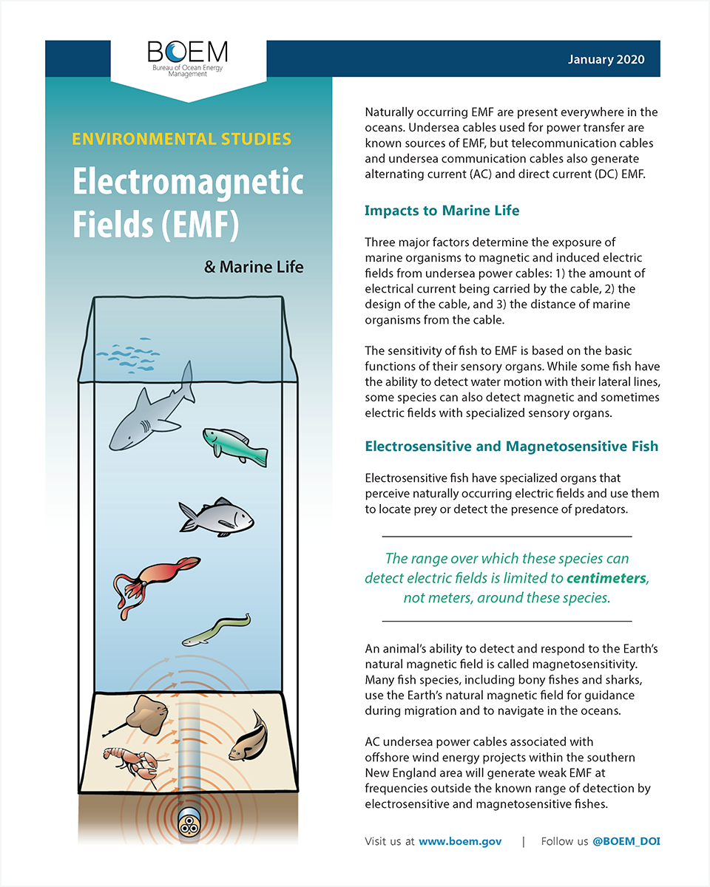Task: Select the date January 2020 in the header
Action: tap(606, 60)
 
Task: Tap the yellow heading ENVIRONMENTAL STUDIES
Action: tap(181, 139)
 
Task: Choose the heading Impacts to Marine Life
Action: tap(442, 211)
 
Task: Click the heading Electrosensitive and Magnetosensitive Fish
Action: tap(511, 446)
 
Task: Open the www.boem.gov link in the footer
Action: tap(460, 841)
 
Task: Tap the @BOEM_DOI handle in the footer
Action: tap(626, 841)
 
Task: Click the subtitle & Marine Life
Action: tap(254, 267)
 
